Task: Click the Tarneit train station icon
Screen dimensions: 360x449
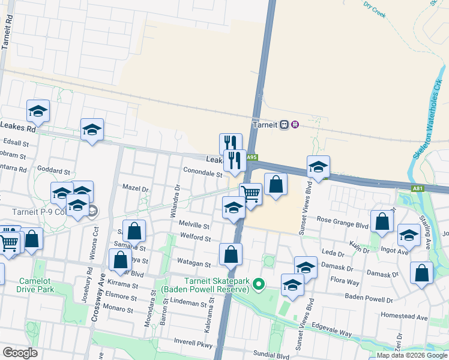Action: pyautogui.click(x=295, y=124)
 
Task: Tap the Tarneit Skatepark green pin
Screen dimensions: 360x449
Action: pyautogui.click(x=259, y=283)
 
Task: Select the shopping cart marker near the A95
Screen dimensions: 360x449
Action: pyautogui.click(x=250, y=194)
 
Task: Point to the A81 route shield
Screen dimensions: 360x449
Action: pyautogui.click(x=418, y=188)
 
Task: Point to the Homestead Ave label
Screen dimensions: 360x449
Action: pyautogui.click(x=403, y=317)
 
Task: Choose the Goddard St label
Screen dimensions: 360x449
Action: pyautogui.click(x=54, y=170)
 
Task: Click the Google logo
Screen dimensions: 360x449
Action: pyautogui.click(x=20, y=353)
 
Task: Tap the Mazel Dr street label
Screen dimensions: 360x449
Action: pyautogui.click(x=135, y=188)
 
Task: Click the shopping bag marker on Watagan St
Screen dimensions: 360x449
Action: pyautogui.click(x=231, y=254)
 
